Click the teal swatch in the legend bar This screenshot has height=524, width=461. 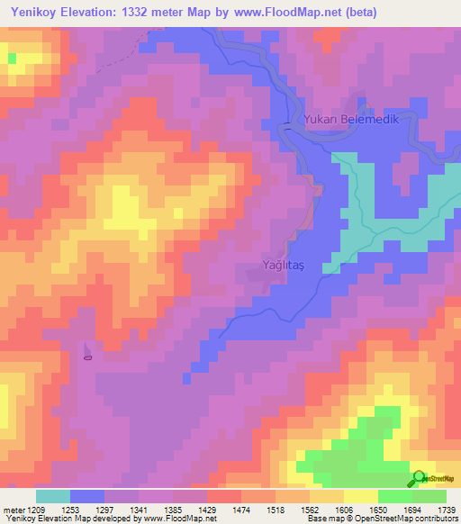pyautogui.click(x=53, y=496)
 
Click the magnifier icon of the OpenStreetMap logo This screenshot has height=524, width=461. pyautogui.click(x=419, y=478)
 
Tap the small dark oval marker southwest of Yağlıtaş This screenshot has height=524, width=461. pyautogui.click(x=87, y=357)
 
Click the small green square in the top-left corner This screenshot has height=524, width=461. pyautogui.click(x=12, y=58)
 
